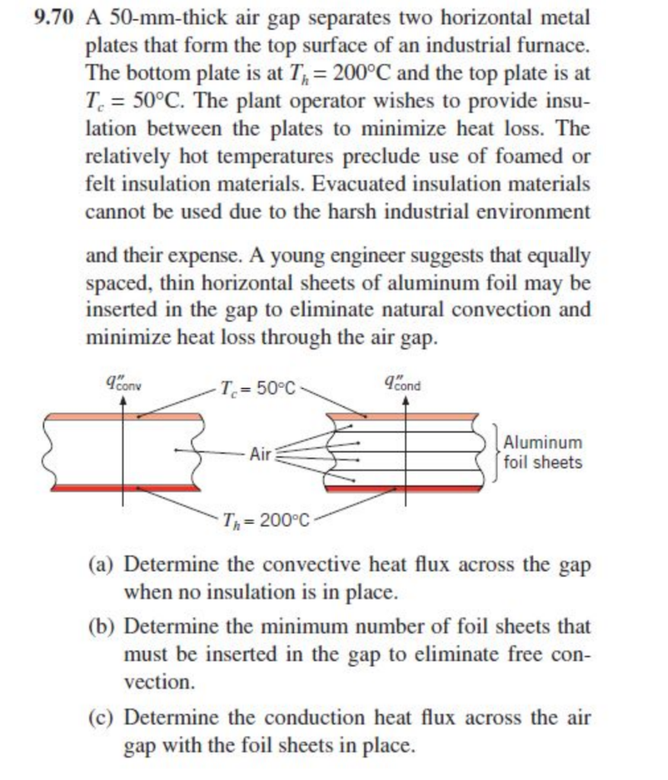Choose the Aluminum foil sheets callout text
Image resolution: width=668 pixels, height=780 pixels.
pos(543,452)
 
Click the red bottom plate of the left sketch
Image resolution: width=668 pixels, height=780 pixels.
pos(126,487)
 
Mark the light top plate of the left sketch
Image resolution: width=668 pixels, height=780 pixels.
pos(126,417)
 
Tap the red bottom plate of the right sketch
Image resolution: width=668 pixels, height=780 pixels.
pos(404,488)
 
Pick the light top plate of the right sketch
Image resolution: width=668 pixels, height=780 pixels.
pos(404,417)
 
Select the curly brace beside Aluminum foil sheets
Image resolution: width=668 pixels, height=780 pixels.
pos(497,451)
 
